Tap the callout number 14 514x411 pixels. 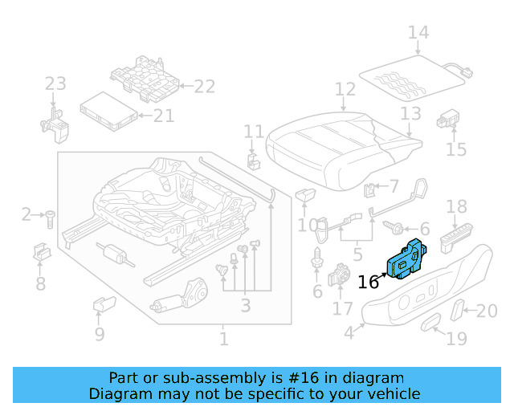click(418, 33)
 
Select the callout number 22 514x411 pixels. click(205, 86)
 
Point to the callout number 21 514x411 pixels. click(164, 116)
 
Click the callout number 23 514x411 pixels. click(55, 84)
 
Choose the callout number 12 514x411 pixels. click(345, 89)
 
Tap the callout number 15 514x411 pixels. click(455, 149)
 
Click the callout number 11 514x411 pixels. click(254, 132)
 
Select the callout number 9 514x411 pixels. click(99, 333)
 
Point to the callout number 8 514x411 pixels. click(40, 283)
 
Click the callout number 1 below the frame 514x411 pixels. click(223, 339)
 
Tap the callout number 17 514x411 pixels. click(343, 308)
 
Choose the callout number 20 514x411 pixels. click(487, 311)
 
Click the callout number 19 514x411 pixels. click(456, 339)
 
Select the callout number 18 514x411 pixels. click(456, 207)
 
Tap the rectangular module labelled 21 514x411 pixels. click(109, 110)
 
